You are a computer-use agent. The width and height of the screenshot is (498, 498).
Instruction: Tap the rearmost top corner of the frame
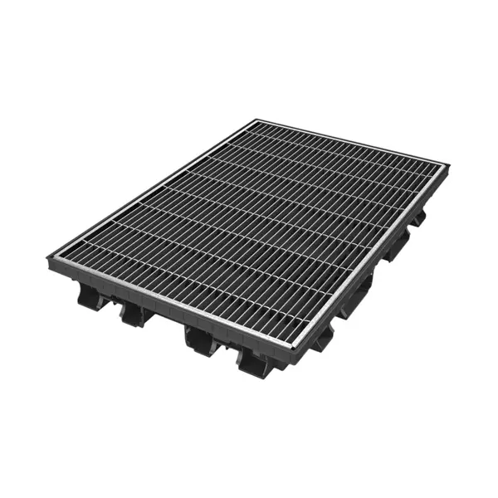pyautogui.click(x=254, y=121)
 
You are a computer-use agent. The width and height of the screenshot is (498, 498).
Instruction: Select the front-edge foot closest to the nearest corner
pyautogui.click(x=254, y=361)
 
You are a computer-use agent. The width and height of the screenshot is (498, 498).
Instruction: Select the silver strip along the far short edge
pyautogui.click(x=349, y=142)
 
